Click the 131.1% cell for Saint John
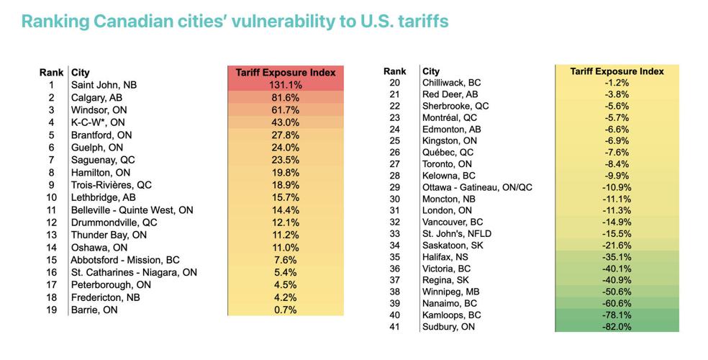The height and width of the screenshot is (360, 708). [x=286, y=85]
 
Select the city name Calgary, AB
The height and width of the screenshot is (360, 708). [x=96, y=97]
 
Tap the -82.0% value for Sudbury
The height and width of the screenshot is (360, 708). [x=616, y=327]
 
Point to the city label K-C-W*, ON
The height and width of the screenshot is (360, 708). [x=98, y=122]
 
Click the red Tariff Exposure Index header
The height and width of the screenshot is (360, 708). [x=286, y=73]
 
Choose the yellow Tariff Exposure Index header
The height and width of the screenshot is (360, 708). [x=616, y=71]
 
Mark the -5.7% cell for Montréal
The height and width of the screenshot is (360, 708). [x=616, y=117]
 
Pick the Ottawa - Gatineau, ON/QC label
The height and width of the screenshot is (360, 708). [x=476, y=186]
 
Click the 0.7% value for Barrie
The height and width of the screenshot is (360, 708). [x=286, y=310]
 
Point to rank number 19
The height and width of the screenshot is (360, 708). [x=51, y=310]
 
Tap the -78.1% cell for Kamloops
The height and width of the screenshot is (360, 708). [x=616, y=315]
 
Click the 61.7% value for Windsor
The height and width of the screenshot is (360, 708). [x=286, y=109]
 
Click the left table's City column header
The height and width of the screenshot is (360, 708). [x=80, y=73]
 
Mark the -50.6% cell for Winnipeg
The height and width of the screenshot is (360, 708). [x=616, y=292]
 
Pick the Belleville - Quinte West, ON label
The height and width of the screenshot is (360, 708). [x=132, y=210]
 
